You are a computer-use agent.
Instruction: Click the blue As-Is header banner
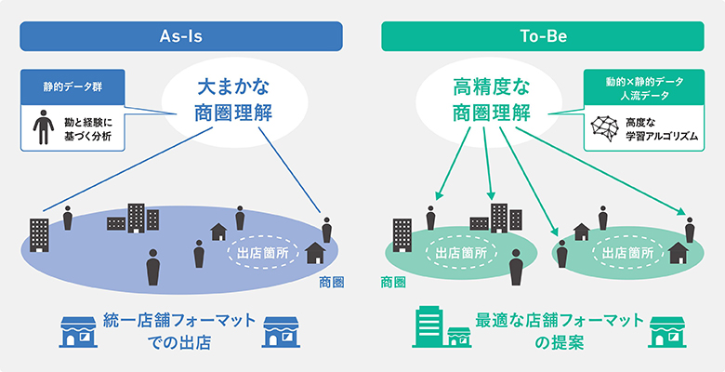pyautogui.click(x=181, y=36)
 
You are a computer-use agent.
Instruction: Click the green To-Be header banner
pyautogui.click(x=544, y=36)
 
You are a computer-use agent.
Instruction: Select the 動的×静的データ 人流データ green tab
pyautogui.click(x=642, y=91)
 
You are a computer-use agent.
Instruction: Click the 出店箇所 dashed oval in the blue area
pyautogui.click(x=263, y=251)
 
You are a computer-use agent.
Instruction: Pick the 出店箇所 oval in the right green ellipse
pyautogui.click(x=625, y=251)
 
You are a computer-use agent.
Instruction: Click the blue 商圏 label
pyautogui.click(x=331, y=282)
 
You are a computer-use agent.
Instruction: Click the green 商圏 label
pyautogui.click(x=392, y=282)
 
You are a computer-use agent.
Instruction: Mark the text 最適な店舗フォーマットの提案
pyautogui.click(x=558, y=331)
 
